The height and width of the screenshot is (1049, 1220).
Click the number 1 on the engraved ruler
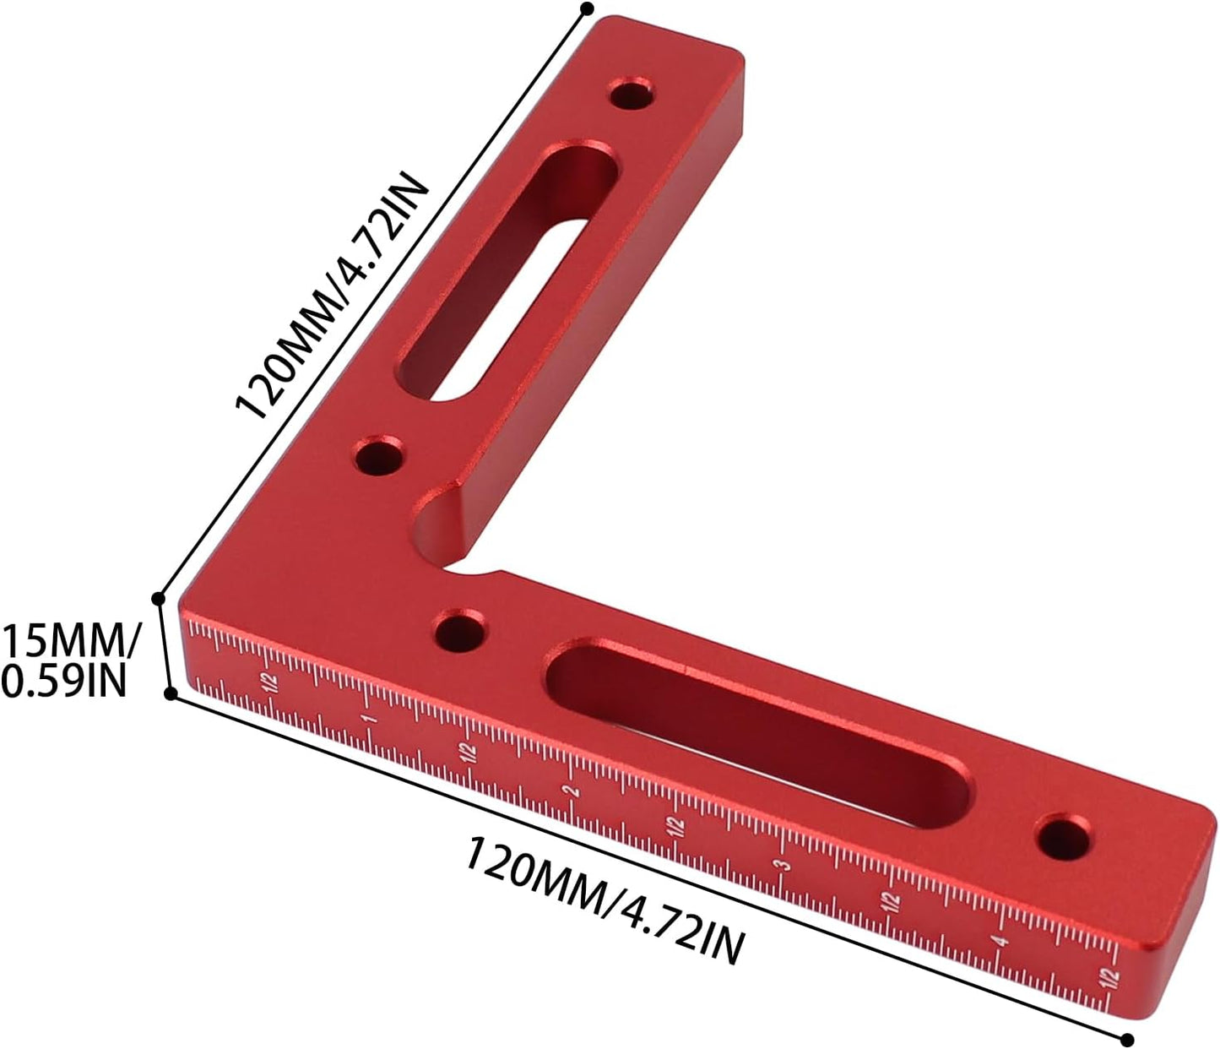(x=371, y=719)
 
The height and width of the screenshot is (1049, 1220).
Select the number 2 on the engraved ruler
(x=572, y=791)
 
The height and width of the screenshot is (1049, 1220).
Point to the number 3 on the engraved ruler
(x=784, y=866)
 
